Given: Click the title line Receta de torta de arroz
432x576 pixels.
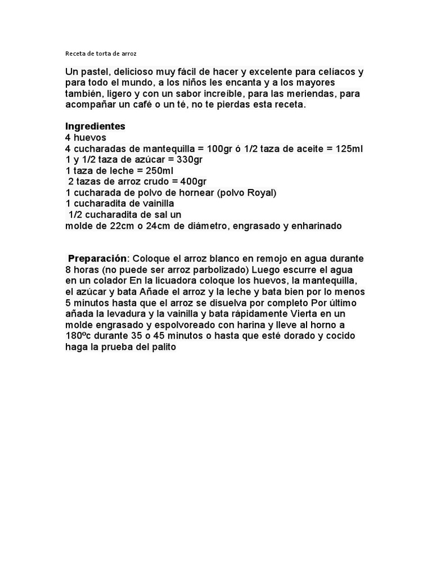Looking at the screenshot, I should pyautogui.click(x=101, y=54).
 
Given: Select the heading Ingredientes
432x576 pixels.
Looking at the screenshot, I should pyautogui.click(x=95, y=127).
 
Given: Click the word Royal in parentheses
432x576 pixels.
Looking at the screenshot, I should pyautogui.click(x=258, y=192).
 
